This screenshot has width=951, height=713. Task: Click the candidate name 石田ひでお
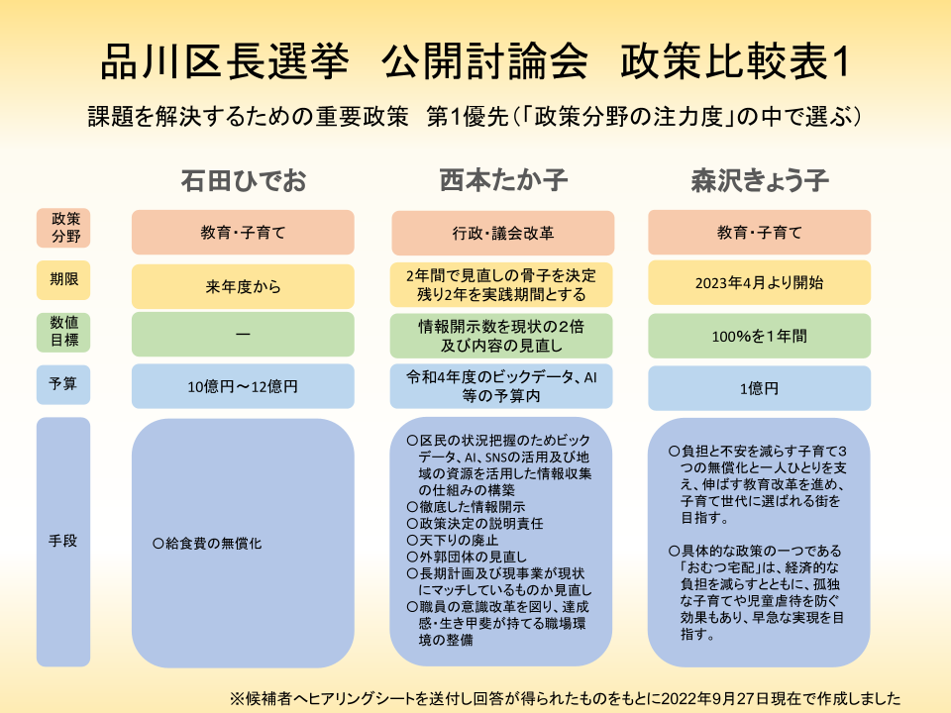point(244,180)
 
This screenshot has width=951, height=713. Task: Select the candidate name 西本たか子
point(503,180)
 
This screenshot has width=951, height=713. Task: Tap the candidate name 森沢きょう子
point(760,180)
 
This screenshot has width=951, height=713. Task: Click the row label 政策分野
point(63,228)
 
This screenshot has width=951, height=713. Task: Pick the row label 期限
point(63,279)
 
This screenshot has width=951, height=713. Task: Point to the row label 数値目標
point(63,332)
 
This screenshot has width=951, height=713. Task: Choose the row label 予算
point(63,384)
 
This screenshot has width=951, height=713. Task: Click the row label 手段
point(63,542)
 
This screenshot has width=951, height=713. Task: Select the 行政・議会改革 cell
point(503,233)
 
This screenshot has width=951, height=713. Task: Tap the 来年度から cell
point(244,286)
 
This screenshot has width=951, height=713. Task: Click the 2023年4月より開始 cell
point(760,282)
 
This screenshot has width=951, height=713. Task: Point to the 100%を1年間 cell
point(760,336)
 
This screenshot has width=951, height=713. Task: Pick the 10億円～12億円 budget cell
point(244,386)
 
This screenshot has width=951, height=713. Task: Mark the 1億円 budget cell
point(760,388)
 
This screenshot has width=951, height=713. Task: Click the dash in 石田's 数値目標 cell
point(244,334)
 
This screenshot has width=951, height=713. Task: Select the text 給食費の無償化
point(214,544)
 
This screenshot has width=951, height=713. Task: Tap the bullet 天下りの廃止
point(459,541)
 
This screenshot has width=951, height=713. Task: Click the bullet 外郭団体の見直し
point(474,557)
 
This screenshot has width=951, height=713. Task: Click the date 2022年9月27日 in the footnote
point(708,698)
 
